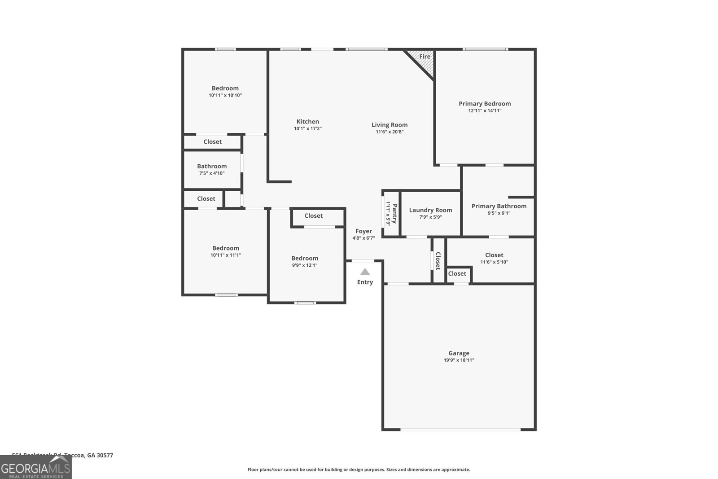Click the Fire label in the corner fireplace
pyautogui.click(x=425, y=57)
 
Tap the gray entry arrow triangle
pyautogui.click(x=365, y=272)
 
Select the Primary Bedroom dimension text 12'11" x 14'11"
pyautogui.click(x=485, y=110)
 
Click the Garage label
pyautogui.click(x=459, y=353)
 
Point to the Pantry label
pyautogui.click(x=394, y=214)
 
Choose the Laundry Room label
pyautogui.click(x=430, y=210)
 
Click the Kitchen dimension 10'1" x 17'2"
pyautogui.click(x=307, y=128)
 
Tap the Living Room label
pyautogui.click(x=389, y=125)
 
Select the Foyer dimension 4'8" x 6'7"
pyautogui.click(x=363, y=238)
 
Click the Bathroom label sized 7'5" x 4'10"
pyautogui.click(x=212, y=166)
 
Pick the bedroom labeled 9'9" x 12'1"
pyautogui.click(x=305, y=258)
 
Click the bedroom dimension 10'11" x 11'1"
pyautogui.click(x=226, y=255)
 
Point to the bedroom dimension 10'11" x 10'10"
pyautogui.click(x=225, y=95)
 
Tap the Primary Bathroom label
pyautogui.click(x=499, y=206)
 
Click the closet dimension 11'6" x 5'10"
pyautogui.click(x=494, y=262)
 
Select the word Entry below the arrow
pyautogui.click(x=365, y=282)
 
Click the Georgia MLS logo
pyautogui.click(x=35, y=469)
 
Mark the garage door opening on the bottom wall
pyautogui.click(x=460, y=430)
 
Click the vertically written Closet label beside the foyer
pyautogui.click(x=438, y=261)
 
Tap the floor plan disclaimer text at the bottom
pyautogui.click(x=359, y=470)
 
